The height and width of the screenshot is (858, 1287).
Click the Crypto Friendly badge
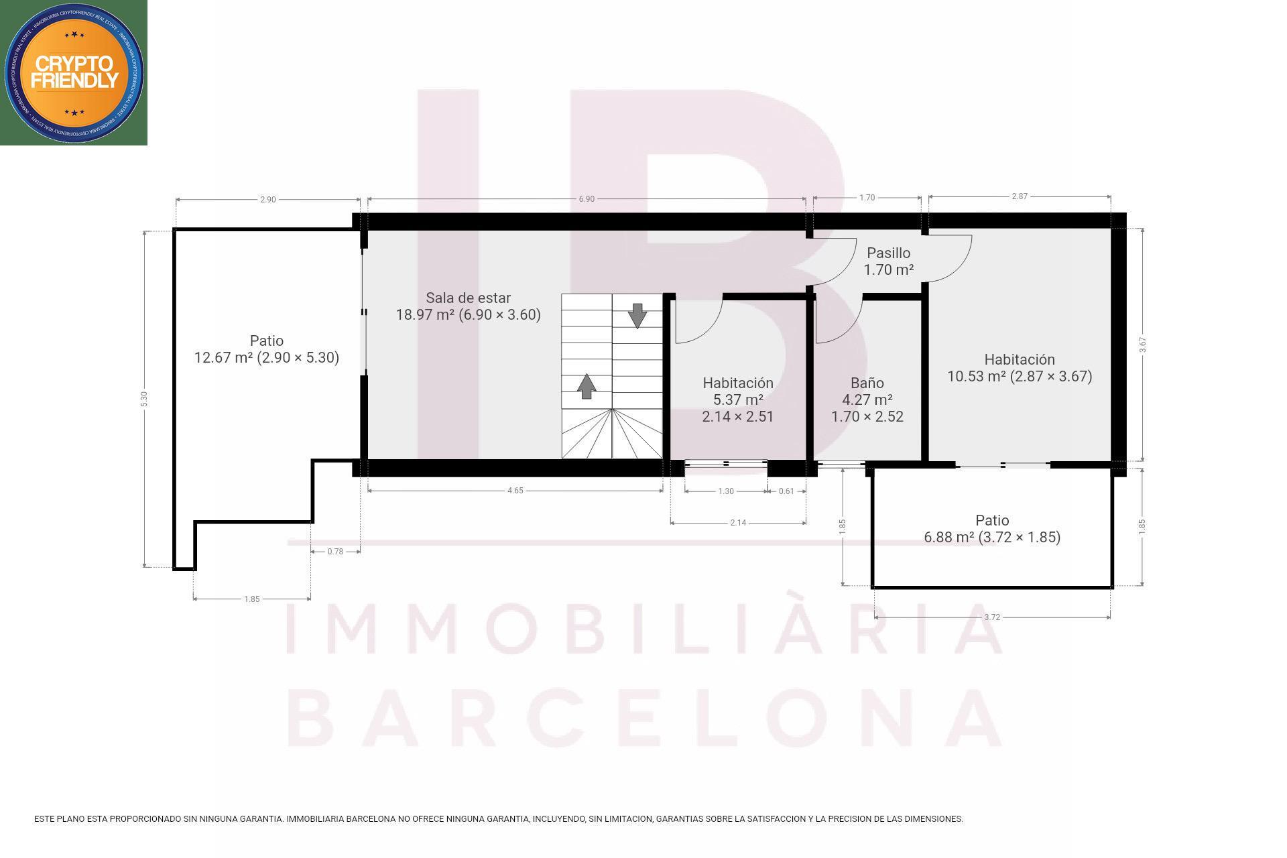74,72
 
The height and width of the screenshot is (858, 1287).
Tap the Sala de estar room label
468,306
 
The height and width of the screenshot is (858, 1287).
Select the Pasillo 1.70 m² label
888,261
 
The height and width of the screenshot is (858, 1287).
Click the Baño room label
867,400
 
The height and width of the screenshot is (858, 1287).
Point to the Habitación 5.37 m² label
737,400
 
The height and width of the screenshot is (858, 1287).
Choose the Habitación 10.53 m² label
1019,368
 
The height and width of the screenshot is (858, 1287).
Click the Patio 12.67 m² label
266,349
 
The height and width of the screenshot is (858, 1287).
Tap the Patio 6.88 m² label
991,529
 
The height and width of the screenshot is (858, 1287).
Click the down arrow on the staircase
637,315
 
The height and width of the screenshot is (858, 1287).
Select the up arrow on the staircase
587,386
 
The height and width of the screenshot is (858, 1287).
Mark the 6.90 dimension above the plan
586,199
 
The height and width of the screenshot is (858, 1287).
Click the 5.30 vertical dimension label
143,399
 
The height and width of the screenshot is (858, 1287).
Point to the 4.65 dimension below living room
515,491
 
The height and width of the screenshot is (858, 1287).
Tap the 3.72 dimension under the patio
991,617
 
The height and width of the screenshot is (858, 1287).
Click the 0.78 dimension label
335,552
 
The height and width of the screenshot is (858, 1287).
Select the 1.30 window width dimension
725,491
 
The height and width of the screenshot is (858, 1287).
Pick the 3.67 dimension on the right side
1143,345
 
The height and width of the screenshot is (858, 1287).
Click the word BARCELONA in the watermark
643,717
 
